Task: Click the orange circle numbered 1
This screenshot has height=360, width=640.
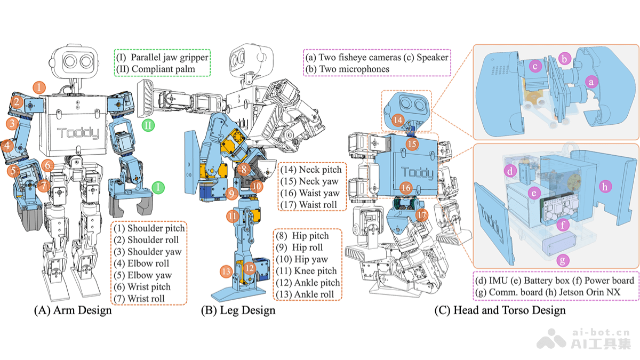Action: click(x=40, y=87)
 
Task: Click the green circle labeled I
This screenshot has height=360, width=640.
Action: click(x=158, y=187)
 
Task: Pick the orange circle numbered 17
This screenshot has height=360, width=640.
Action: click(x=422, y=215)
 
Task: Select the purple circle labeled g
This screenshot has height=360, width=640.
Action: click(x=561, y=261)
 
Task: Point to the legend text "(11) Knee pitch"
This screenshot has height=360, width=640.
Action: click(x=306, y=271)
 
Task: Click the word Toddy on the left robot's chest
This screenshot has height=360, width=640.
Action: click(x=78, y=133)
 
